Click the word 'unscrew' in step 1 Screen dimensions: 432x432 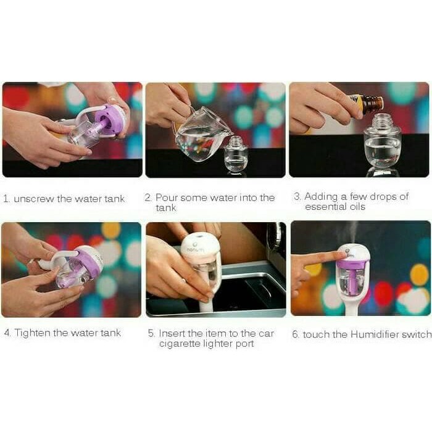[x=34, y=199]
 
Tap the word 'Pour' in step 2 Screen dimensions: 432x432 [x=167, y=197]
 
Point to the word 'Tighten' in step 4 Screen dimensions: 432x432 [x=32, y=333]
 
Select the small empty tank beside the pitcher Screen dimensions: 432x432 [x=236, y=154]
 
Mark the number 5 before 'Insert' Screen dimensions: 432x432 [x=151, y=333]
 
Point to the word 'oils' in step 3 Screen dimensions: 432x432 [x=357, y=207]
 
